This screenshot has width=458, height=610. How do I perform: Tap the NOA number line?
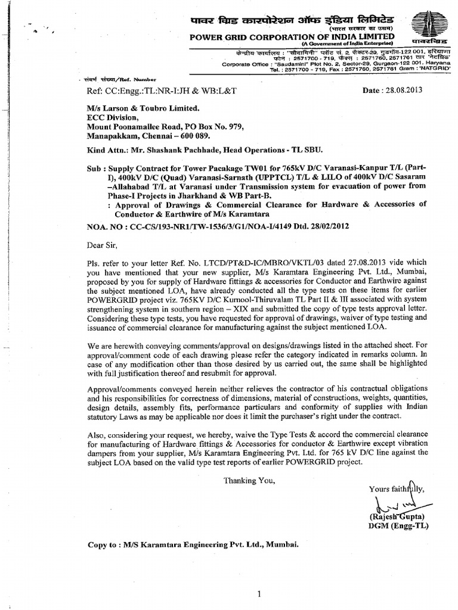(216, 227)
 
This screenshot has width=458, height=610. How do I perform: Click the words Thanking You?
(249, 480)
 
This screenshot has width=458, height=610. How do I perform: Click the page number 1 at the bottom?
(259, 577)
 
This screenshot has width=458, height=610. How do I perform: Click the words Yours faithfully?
(397, 488)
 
